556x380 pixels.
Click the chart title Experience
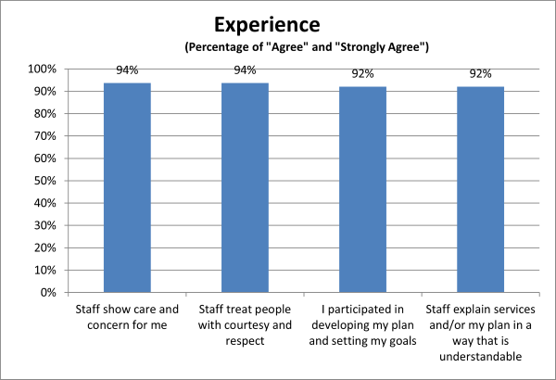[278, 23]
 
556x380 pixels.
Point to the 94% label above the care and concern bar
[127, 70]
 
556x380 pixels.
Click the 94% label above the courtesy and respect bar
[245, 70]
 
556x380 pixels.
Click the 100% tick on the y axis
[44, 70]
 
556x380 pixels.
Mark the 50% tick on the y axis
[46, 181]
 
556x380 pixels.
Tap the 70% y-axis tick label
[46, 136]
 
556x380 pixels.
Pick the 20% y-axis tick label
[46, 248]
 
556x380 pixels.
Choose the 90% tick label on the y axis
[46, 92]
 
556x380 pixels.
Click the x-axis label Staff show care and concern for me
[127, 315]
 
